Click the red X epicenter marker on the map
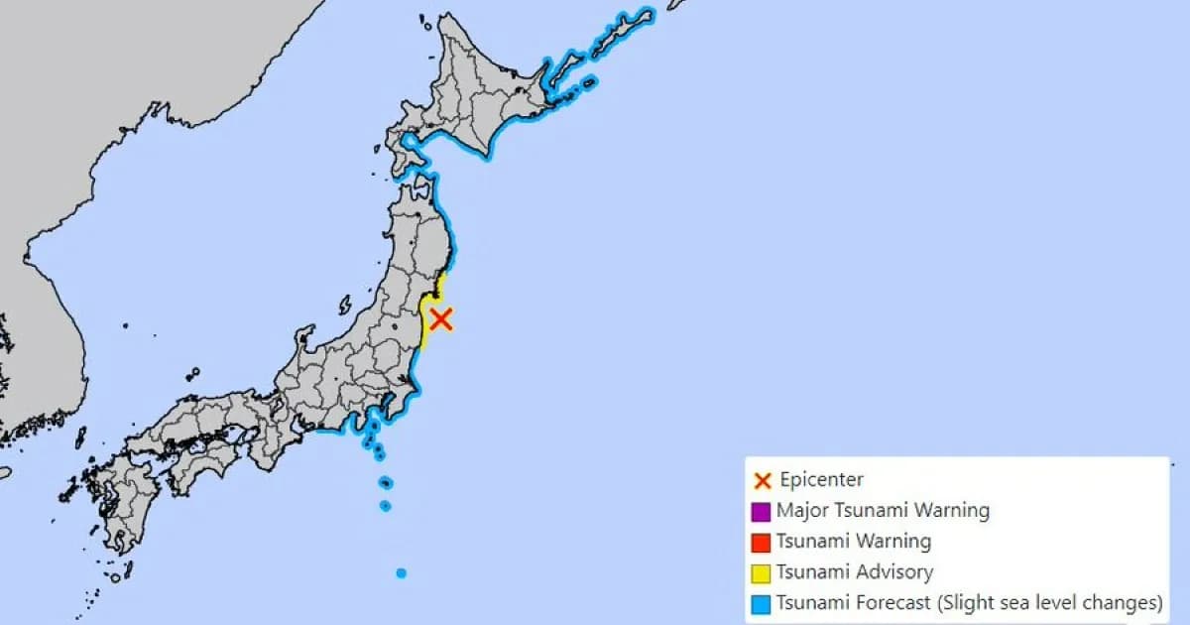pyautogui.click(x=441, y=318)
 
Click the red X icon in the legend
pyautogui.click(x=763, y=481)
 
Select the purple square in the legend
pyautogui.click(x=762, y=512)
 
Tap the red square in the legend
pyautogui.click(x=762, y=543)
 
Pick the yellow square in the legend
pyautogui.click(x=762, y=572)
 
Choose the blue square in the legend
pyautogui.click(x=762, y=603)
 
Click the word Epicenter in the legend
pyautogui.click(x=821, y=480)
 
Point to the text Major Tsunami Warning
pyautogui.click(x=883, y=511)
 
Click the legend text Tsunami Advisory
pyautogui.click(x=854, y=571)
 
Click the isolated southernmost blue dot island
pyautogui.click(x=401, y=573)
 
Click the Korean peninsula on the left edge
pyautogui.click(x=40, y=327)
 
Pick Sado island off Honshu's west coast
pyautogui.click(x=345, y=305)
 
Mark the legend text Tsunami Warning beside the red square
pyautogui.click(x=854, y=542)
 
